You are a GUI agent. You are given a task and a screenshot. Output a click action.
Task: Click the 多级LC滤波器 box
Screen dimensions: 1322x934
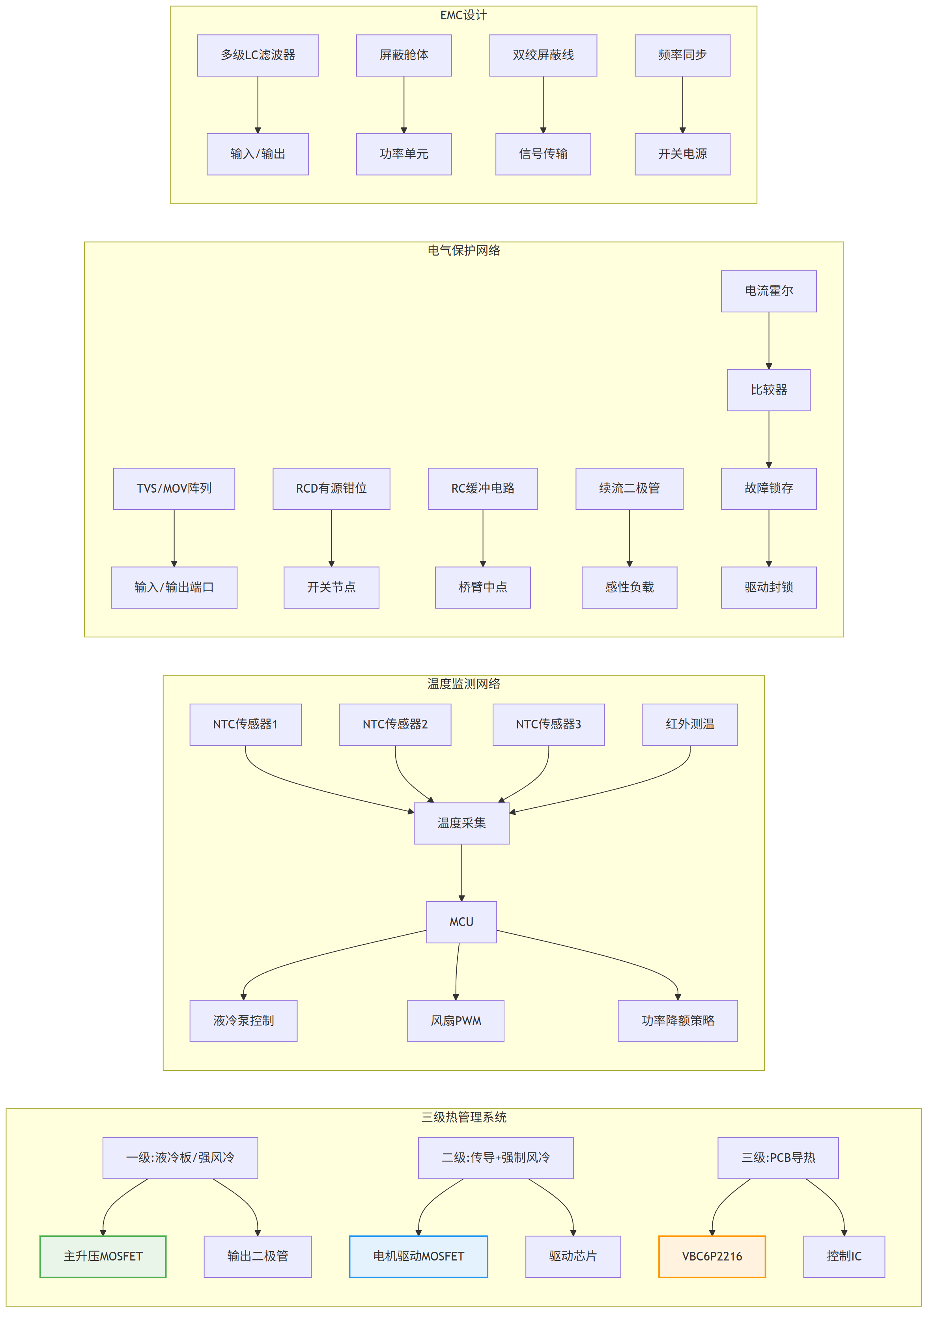pos(258,55)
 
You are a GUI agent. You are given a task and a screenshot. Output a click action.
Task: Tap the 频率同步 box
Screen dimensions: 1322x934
pos(682,55)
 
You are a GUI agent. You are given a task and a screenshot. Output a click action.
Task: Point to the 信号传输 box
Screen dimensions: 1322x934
pos(543,154)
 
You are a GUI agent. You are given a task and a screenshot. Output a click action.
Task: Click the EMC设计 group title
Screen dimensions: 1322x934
pos(463,15)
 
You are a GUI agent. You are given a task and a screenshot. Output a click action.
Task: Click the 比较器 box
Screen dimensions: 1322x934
pos(769,390)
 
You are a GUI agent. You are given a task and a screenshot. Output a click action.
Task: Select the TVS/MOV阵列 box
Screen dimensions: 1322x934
pos(174,489)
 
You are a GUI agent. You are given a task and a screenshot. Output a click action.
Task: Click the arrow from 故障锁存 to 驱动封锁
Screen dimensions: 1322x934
pos(769,538)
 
